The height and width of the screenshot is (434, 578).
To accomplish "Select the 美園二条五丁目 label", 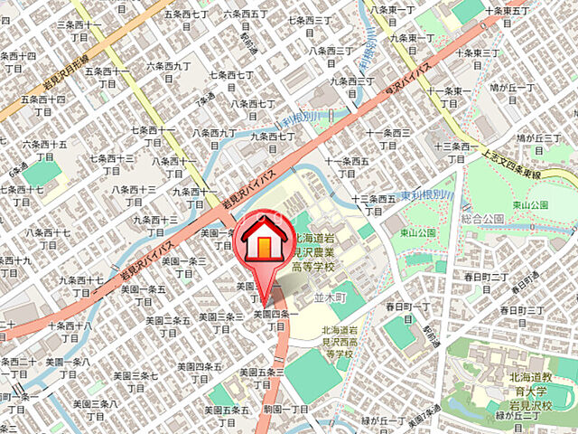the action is click(x=164, y=325).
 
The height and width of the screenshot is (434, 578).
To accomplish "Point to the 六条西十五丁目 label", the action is click(x=45, y=148).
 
